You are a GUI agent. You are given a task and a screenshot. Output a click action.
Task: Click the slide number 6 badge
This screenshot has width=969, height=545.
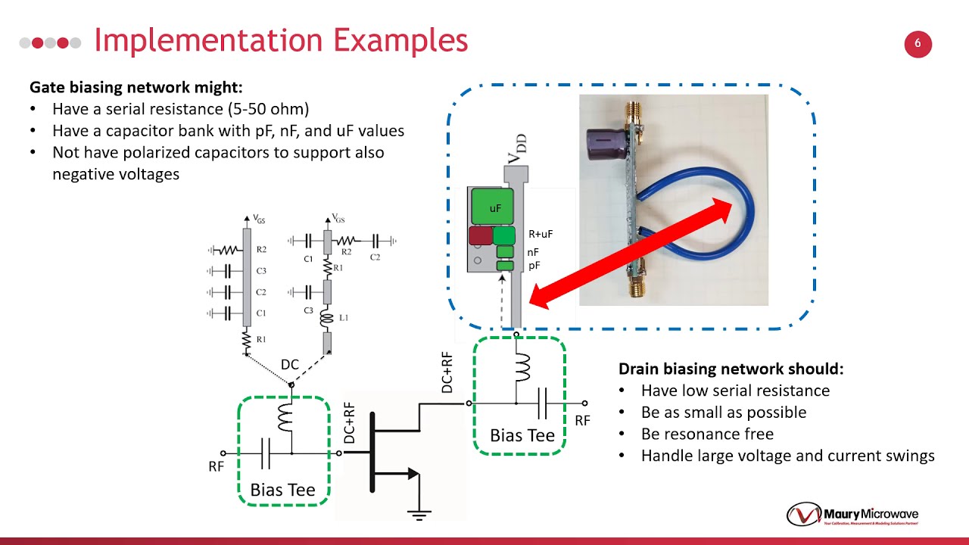coord(918,44)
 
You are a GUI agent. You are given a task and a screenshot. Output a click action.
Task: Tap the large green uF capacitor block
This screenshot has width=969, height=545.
coord(492,207)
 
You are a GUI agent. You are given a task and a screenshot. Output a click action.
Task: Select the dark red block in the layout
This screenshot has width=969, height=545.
coord(480,235)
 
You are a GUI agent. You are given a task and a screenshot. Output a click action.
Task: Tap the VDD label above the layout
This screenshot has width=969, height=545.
coord(517,148)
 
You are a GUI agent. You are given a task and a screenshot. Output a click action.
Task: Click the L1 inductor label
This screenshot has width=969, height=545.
coord(344,318)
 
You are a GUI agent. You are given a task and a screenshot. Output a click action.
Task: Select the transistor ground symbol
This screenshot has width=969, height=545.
coord(419,513)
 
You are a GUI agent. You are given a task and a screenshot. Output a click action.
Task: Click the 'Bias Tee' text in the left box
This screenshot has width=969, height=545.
coord(282,490)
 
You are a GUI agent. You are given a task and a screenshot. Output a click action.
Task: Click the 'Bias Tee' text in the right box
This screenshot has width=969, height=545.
coord(522,435)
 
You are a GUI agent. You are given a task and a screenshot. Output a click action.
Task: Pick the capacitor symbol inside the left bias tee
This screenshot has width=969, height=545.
coord(265,453)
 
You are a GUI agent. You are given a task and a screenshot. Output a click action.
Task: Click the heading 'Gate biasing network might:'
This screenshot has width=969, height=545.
coord(136,87)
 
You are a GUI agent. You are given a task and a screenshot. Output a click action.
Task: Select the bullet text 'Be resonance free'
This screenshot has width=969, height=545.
coord(707,434)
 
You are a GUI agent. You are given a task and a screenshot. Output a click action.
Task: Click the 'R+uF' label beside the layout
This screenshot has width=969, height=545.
coord(541,235)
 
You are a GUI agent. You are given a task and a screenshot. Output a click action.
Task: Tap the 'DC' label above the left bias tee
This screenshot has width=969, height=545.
coord(290,365)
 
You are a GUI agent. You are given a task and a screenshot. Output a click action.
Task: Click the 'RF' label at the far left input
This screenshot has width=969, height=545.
coord(217,467)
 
